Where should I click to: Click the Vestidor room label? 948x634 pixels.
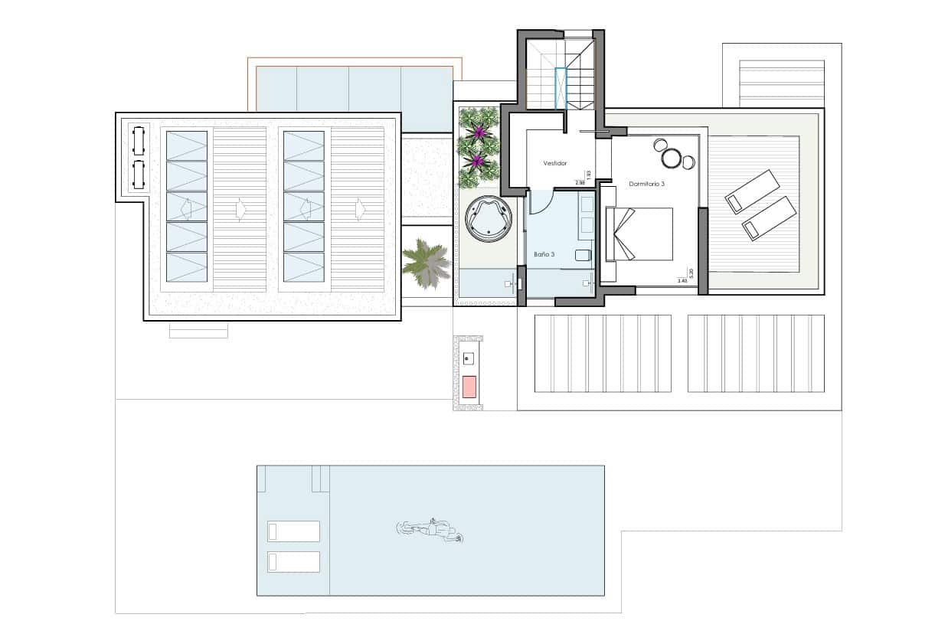[x=554, y=163]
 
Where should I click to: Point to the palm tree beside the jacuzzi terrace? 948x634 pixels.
[x=426, y=262]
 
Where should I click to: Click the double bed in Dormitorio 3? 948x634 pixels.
[x=639, y=234]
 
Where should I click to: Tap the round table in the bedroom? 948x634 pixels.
[x=672, y=158]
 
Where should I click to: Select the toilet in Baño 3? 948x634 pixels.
[x=584, y=256]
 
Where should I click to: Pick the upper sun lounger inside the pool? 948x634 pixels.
[x=293, y=531]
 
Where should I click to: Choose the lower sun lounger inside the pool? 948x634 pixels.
[x=293, y=561]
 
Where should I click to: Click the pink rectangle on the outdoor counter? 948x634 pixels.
[x=469, y=387]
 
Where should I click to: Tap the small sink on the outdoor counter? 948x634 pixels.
[x=469, y=357]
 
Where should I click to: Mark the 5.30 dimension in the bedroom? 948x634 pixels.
[x=691, y=272]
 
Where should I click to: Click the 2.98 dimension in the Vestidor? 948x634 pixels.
[x=580, y=183]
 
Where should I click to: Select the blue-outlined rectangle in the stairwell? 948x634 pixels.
[x=561, y=89]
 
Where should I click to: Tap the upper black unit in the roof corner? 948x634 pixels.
[x=139, y=141]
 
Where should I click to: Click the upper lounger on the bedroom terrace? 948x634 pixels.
[x=752, y=191]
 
